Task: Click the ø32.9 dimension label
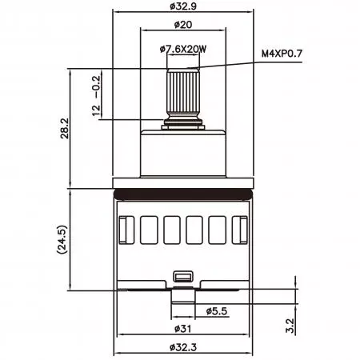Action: tap(183, 6)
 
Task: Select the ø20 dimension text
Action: tap(183, 25)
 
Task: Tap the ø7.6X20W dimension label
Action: tap(183, 49)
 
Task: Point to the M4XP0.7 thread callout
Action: tap(282, 54)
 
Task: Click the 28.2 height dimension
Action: tap(65, 128)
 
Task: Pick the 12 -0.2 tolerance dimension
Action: tap(96, 96)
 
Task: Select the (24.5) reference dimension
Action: tap(62, 239)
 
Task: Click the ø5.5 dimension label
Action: tap(217, 311)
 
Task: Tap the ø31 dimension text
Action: tap(183, 329)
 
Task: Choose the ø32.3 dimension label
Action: tap(183, 347)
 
